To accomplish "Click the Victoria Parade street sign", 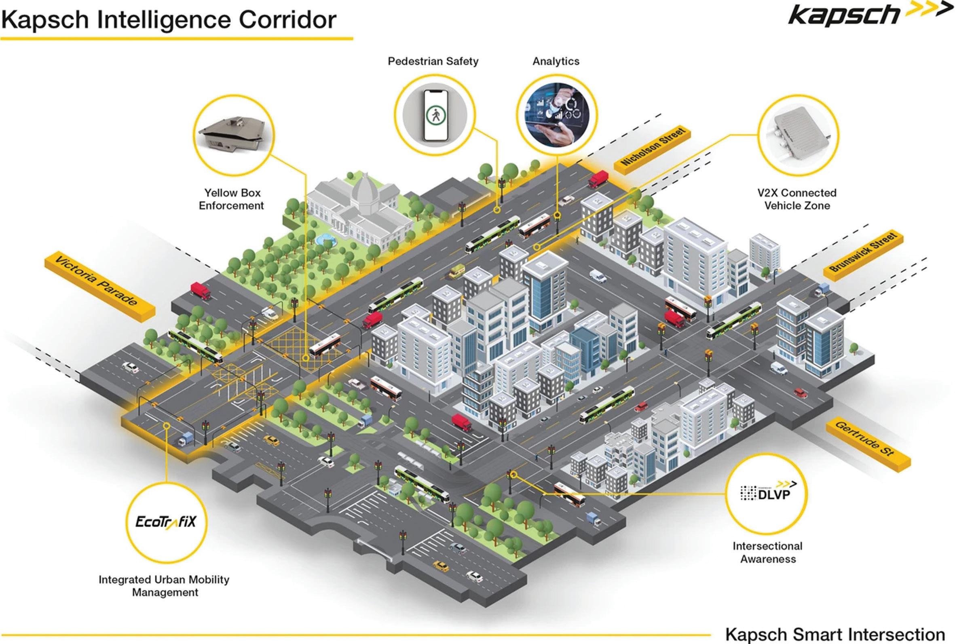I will (x=99, y=286).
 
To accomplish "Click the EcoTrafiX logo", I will (x=166, y=522).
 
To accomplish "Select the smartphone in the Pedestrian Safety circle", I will (x=435, y=115).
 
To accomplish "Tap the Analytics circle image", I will (x=557, y=114).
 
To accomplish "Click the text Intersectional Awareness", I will (x=768, y=552).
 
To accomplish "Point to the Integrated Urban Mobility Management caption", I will (x=164, y=586).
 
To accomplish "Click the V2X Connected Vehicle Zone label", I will (x=797, y=199).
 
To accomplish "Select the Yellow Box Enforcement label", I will (x=232, y=199).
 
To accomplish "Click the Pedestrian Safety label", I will (x=433, y=61).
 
